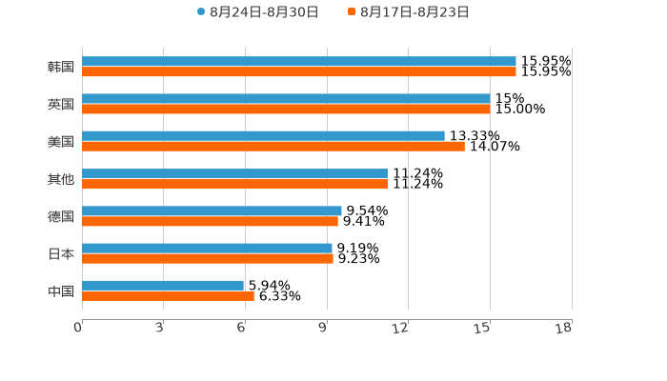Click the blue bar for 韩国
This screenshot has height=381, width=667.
coord(299,62)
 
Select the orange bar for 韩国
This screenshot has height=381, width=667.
coord(299,71)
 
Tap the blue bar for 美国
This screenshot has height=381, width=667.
coord(263,136)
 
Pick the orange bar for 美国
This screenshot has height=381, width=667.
coord(273,146)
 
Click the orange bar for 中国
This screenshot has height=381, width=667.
coord(168,295)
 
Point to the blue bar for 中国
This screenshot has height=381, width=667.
coord(163,286)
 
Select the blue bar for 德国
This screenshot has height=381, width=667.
coord(212,211)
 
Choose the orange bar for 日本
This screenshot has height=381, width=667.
coord(208,258)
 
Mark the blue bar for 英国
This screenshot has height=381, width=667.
coord(286,99)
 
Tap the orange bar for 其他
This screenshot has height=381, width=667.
coord(234,184)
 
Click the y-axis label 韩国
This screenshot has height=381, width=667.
coord(61,67)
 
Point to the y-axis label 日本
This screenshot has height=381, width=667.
coord(61,253)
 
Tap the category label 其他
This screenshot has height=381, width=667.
coord(61,179)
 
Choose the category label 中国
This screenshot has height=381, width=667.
coord(61,291)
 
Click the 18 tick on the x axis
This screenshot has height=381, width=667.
coord(564,328)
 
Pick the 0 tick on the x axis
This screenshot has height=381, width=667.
coord(79,328)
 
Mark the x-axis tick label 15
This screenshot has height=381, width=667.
coord(483,328)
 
